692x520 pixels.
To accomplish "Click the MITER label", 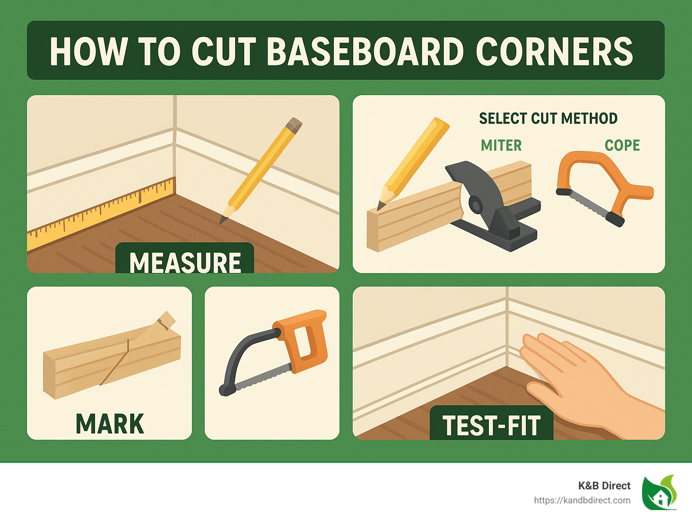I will (x=501, y=146).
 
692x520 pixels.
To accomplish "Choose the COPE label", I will (x=622, y=146).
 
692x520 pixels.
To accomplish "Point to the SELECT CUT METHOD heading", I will (x=548, y=119).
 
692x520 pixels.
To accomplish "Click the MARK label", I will (x=109, y=424).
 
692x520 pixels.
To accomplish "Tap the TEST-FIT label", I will (x=491, y=426).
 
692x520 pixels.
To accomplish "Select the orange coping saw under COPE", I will (x=599, y=180).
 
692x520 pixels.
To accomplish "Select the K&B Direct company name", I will (x=604, y=486).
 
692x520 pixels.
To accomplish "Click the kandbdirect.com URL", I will (x=582, y=500).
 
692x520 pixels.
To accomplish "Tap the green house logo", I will (x=660, y=493).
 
